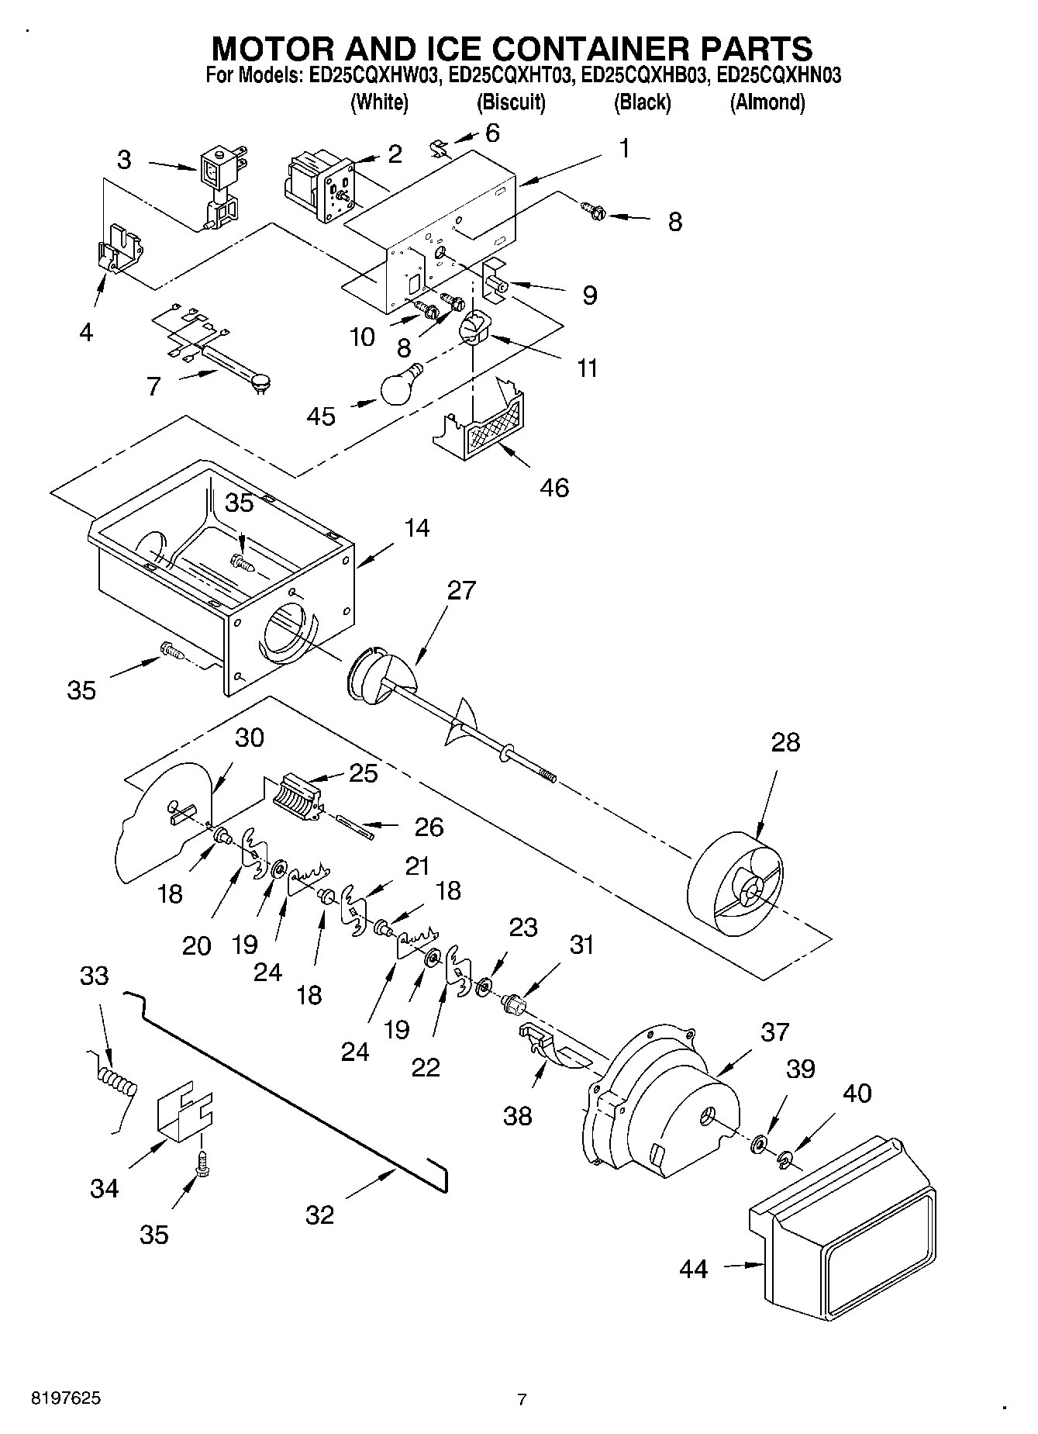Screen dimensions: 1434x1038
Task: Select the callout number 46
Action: click(555, 487)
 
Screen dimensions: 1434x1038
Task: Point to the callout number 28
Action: click(785, 742)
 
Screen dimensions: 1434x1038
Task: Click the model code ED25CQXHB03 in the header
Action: click(643, 76)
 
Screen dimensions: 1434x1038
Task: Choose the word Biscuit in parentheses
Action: click(510, 102)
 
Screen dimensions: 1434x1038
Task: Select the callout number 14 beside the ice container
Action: click(416, 528)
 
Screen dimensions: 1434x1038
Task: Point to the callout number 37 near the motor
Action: click(774, 1031)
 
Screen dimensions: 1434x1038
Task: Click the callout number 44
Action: click(693, 1269)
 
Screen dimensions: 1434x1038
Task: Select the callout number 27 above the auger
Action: click(460, 590)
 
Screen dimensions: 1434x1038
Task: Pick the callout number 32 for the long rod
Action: click(319, 1215)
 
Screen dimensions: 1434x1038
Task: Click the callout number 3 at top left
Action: click(124, 161)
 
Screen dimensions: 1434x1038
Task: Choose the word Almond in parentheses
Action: click(767, 102)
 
